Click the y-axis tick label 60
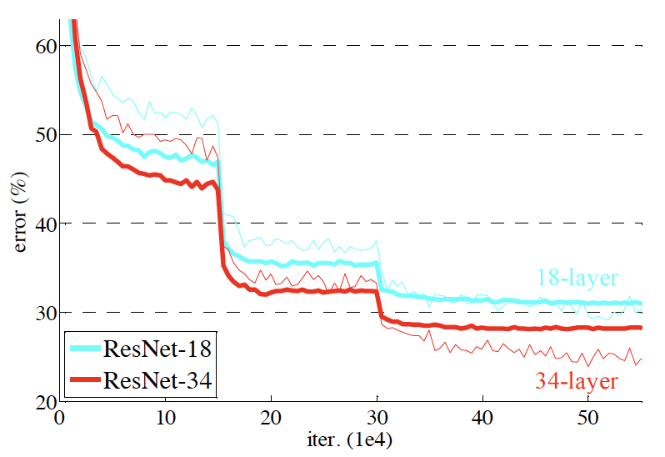point(43,47)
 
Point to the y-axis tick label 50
point(43,135)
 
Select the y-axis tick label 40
point(43,223)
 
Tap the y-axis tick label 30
point(43,313)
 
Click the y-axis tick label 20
point(43,401)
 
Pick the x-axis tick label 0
point(60,417)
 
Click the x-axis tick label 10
point(165,417)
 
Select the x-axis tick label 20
point(271,417)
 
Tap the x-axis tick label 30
point(377,417)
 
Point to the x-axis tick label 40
point(482,417)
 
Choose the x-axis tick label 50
point(588,417)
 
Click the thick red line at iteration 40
point(482,328)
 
